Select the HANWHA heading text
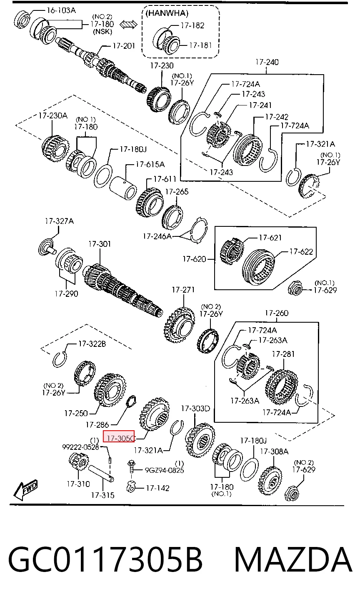point(167,13)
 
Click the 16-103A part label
point(61,10)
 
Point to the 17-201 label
point(123,46)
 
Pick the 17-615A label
point(150,164)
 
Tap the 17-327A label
point(59,221)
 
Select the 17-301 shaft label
point(100,244)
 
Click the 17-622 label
point(301,252)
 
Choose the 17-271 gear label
point(183,290)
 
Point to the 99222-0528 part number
point(81,447)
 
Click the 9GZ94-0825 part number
point(165,470)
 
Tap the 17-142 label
point(157,488)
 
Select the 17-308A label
point(275,451)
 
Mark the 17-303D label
point(195,408)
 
